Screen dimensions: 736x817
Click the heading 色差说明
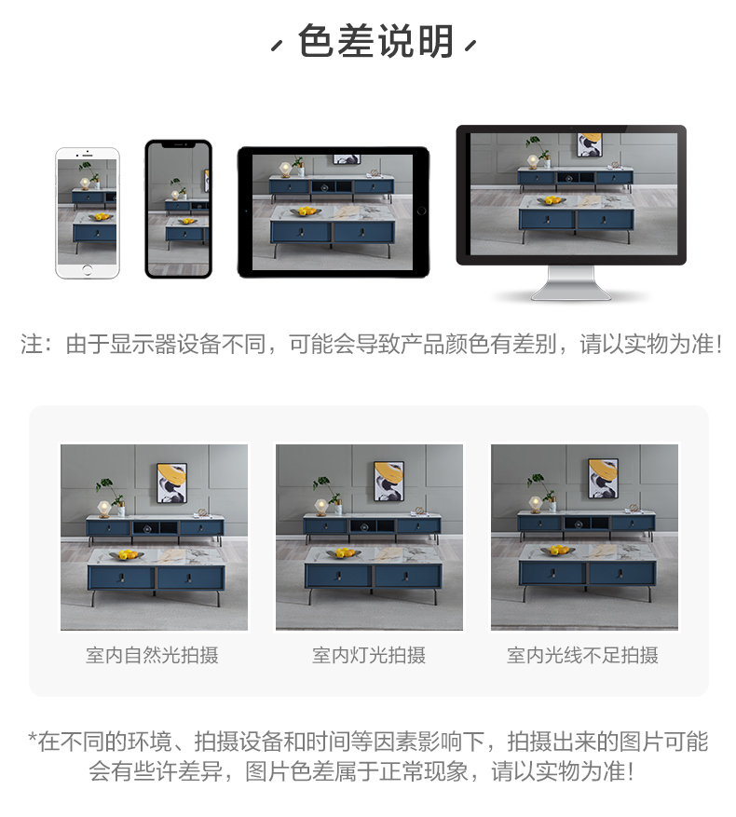point(375,41)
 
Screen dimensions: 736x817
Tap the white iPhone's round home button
point(87,270)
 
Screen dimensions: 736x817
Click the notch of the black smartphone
point(178,144)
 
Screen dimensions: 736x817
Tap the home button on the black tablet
point(421,211)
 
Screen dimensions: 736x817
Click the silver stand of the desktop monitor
point(571,283)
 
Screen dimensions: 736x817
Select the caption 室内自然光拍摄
point(152,655)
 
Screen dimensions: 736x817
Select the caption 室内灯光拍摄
point(369,655)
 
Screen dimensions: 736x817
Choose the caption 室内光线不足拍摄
point(583,655)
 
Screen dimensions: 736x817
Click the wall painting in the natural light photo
point(172,483)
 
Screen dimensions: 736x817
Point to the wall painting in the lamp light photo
point(388,481)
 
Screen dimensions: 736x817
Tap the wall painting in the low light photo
point(603,479)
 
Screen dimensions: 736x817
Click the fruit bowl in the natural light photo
point(125,555)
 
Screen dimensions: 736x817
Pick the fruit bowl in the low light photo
point(558,551)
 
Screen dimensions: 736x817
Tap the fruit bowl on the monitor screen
point(552,200)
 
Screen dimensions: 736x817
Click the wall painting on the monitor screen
point(590,144)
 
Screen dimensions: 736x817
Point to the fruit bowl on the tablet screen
point(306,211)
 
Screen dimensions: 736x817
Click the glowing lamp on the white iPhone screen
point(85,184)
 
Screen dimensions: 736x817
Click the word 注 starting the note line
point(31,344)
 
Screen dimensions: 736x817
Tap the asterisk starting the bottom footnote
point(33,738)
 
